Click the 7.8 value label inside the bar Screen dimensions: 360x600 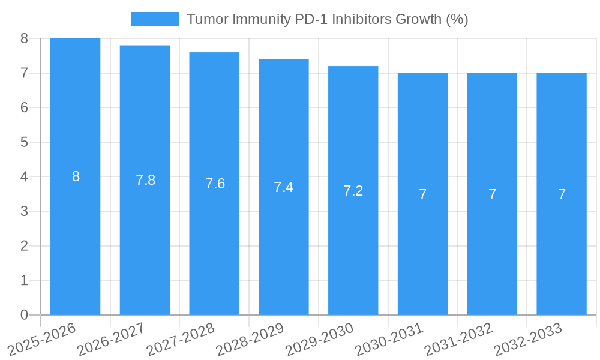point(145,180)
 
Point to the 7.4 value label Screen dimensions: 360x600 point(283,187)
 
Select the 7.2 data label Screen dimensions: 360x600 point(353,191)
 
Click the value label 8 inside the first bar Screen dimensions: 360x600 point(76,176)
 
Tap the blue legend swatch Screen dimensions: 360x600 point(155,19)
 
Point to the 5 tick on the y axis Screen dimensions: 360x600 point(24,142)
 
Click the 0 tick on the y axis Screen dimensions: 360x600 point(24,315)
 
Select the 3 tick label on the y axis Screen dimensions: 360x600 point(24,211)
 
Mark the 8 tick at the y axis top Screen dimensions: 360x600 point(24,38)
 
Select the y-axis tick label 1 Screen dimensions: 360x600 point(24,280)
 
